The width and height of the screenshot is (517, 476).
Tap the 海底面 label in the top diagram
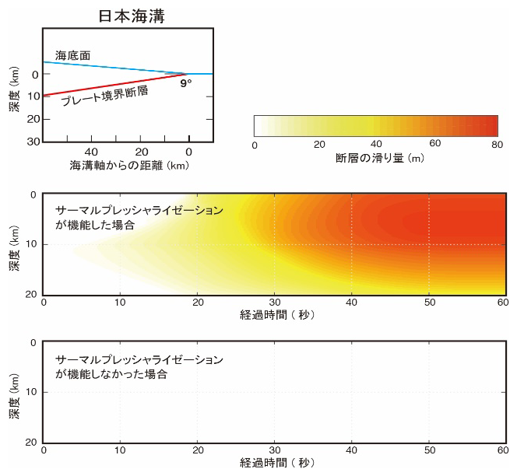(70, 56)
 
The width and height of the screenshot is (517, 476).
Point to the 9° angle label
(185, 82)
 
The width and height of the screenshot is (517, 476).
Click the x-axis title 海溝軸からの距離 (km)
(130, 166)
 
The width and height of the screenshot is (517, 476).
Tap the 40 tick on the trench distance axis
(91, 152)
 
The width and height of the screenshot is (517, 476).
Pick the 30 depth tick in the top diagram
(34, 142)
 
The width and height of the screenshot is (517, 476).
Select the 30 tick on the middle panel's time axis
(274, 303)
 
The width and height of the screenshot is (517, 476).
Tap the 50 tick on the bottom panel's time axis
(429, 450)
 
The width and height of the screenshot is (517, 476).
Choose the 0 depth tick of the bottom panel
(34, 343)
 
